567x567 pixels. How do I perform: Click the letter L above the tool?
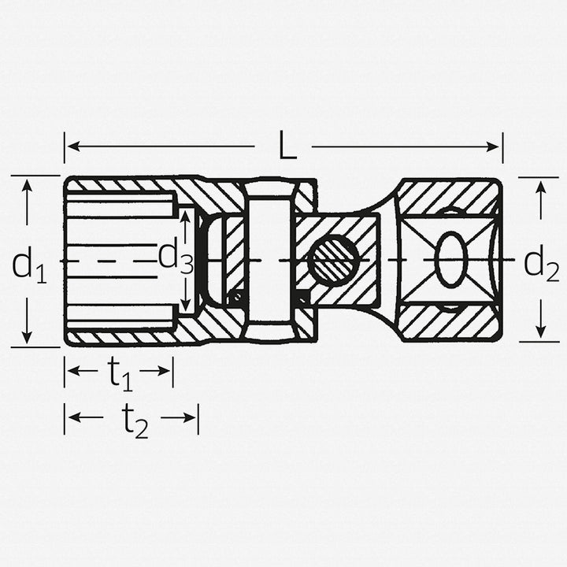287,147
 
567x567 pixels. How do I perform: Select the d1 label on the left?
28,265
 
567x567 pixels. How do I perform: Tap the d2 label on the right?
541,265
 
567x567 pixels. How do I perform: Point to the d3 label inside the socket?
176,258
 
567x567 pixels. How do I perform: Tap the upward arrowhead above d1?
27,184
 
